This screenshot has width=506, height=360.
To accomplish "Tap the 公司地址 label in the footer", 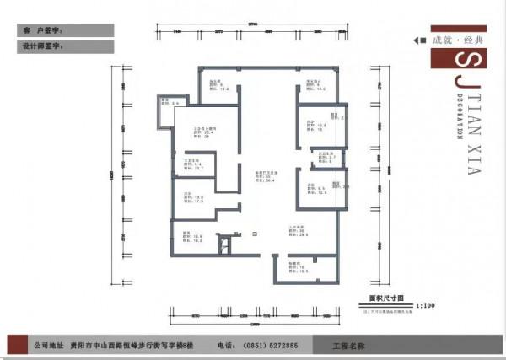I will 46,346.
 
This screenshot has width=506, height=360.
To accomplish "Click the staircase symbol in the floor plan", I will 223,245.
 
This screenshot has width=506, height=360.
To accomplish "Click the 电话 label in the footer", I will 225,346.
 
